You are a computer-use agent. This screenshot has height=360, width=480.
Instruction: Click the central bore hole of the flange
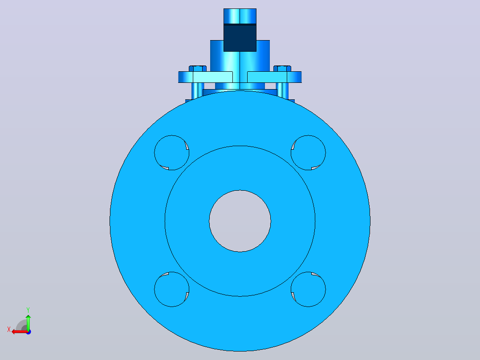click(x=240, y=221)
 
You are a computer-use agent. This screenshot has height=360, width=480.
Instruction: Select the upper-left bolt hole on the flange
click(x=172, y=152)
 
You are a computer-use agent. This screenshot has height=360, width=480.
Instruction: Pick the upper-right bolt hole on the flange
click(x=308, y=152)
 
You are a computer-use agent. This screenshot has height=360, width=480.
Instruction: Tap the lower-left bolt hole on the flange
click(x=172, y=289)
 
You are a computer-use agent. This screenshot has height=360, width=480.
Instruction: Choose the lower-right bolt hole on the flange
click(x=308, y=289)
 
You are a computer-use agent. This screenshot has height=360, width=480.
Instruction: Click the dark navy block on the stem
click(x=240, y=38)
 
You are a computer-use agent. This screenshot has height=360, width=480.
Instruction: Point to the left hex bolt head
click(x=197, y=68)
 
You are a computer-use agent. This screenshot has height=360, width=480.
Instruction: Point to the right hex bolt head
click(x=282, y=68)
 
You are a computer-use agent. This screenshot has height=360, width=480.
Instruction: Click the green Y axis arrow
click(x=28, y=322)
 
